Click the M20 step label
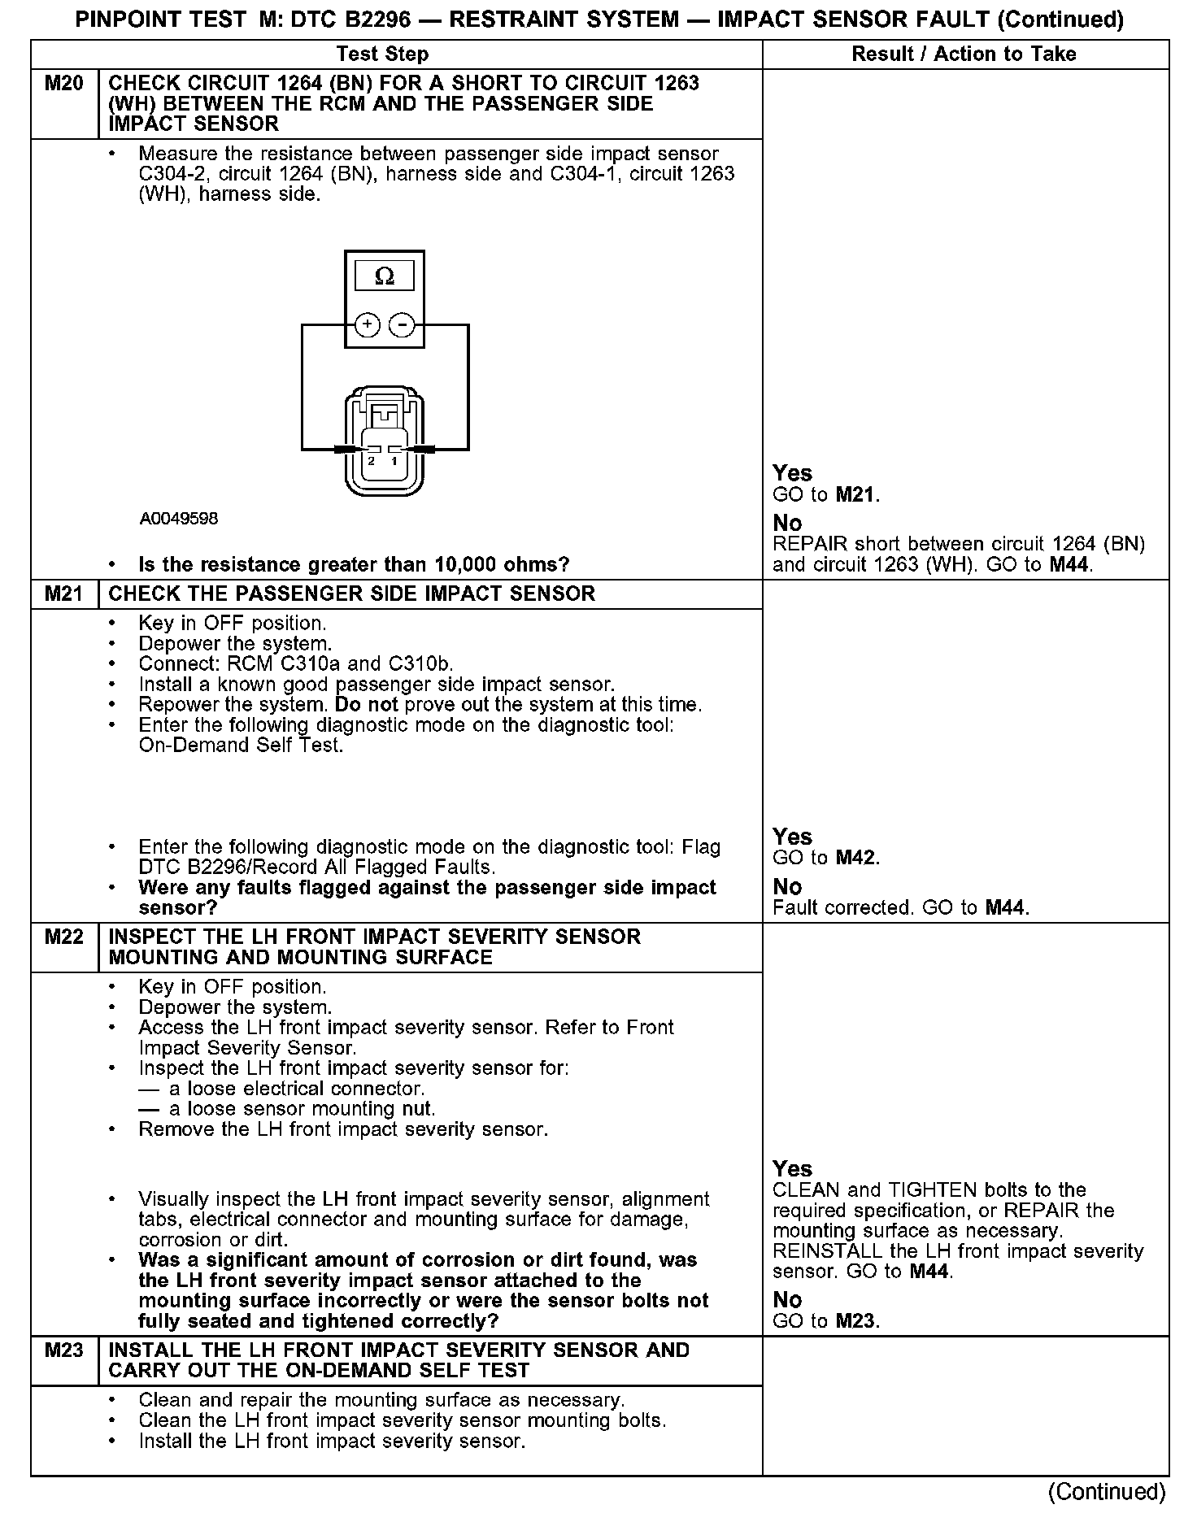pos(63,83)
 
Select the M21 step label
pos(63,594)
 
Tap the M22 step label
pos(63,937)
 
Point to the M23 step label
pos(63,1350)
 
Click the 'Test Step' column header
pos(382,54)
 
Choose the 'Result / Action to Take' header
pos(964,54)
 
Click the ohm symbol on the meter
pos(385,276)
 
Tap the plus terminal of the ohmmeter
pos(368,325)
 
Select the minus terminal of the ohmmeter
pos(401,325)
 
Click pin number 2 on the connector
pos(372,461)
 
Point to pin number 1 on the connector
pos(394,461)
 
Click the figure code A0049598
pos(178,519)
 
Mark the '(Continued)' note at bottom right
pos(1107,1491)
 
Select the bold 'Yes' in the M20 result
pos(792,473)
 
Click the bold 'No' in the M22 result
pos(787,1299)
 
